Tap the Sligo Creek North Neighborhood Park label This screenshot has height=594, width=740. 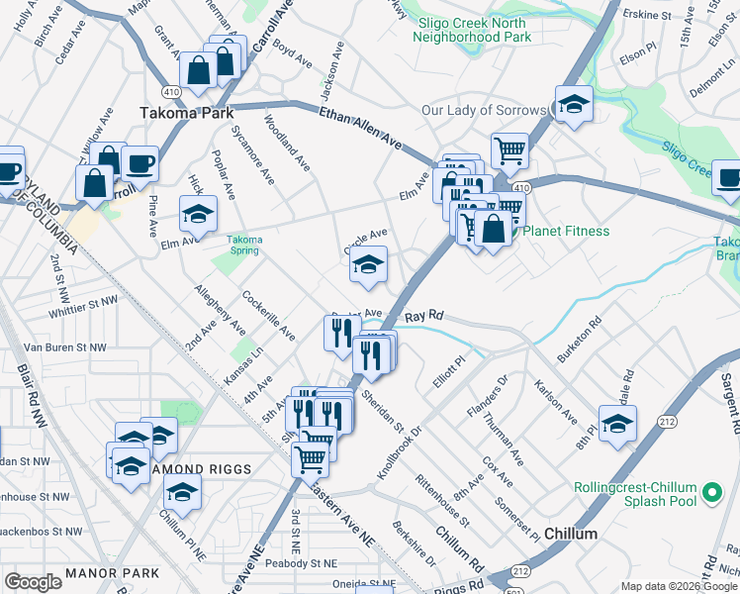click(475, 30)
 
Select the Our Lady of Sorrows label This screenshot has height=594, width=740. click(484, 110)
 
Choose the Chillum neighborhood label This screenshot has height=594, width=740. click(570, 534)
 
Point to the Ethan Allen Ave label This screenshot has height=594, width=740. click(360, 130)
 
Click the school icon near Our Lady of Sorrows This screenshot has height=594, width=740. click(573, 105)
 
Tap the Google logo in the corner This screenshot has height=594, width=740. click(33, 582)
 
